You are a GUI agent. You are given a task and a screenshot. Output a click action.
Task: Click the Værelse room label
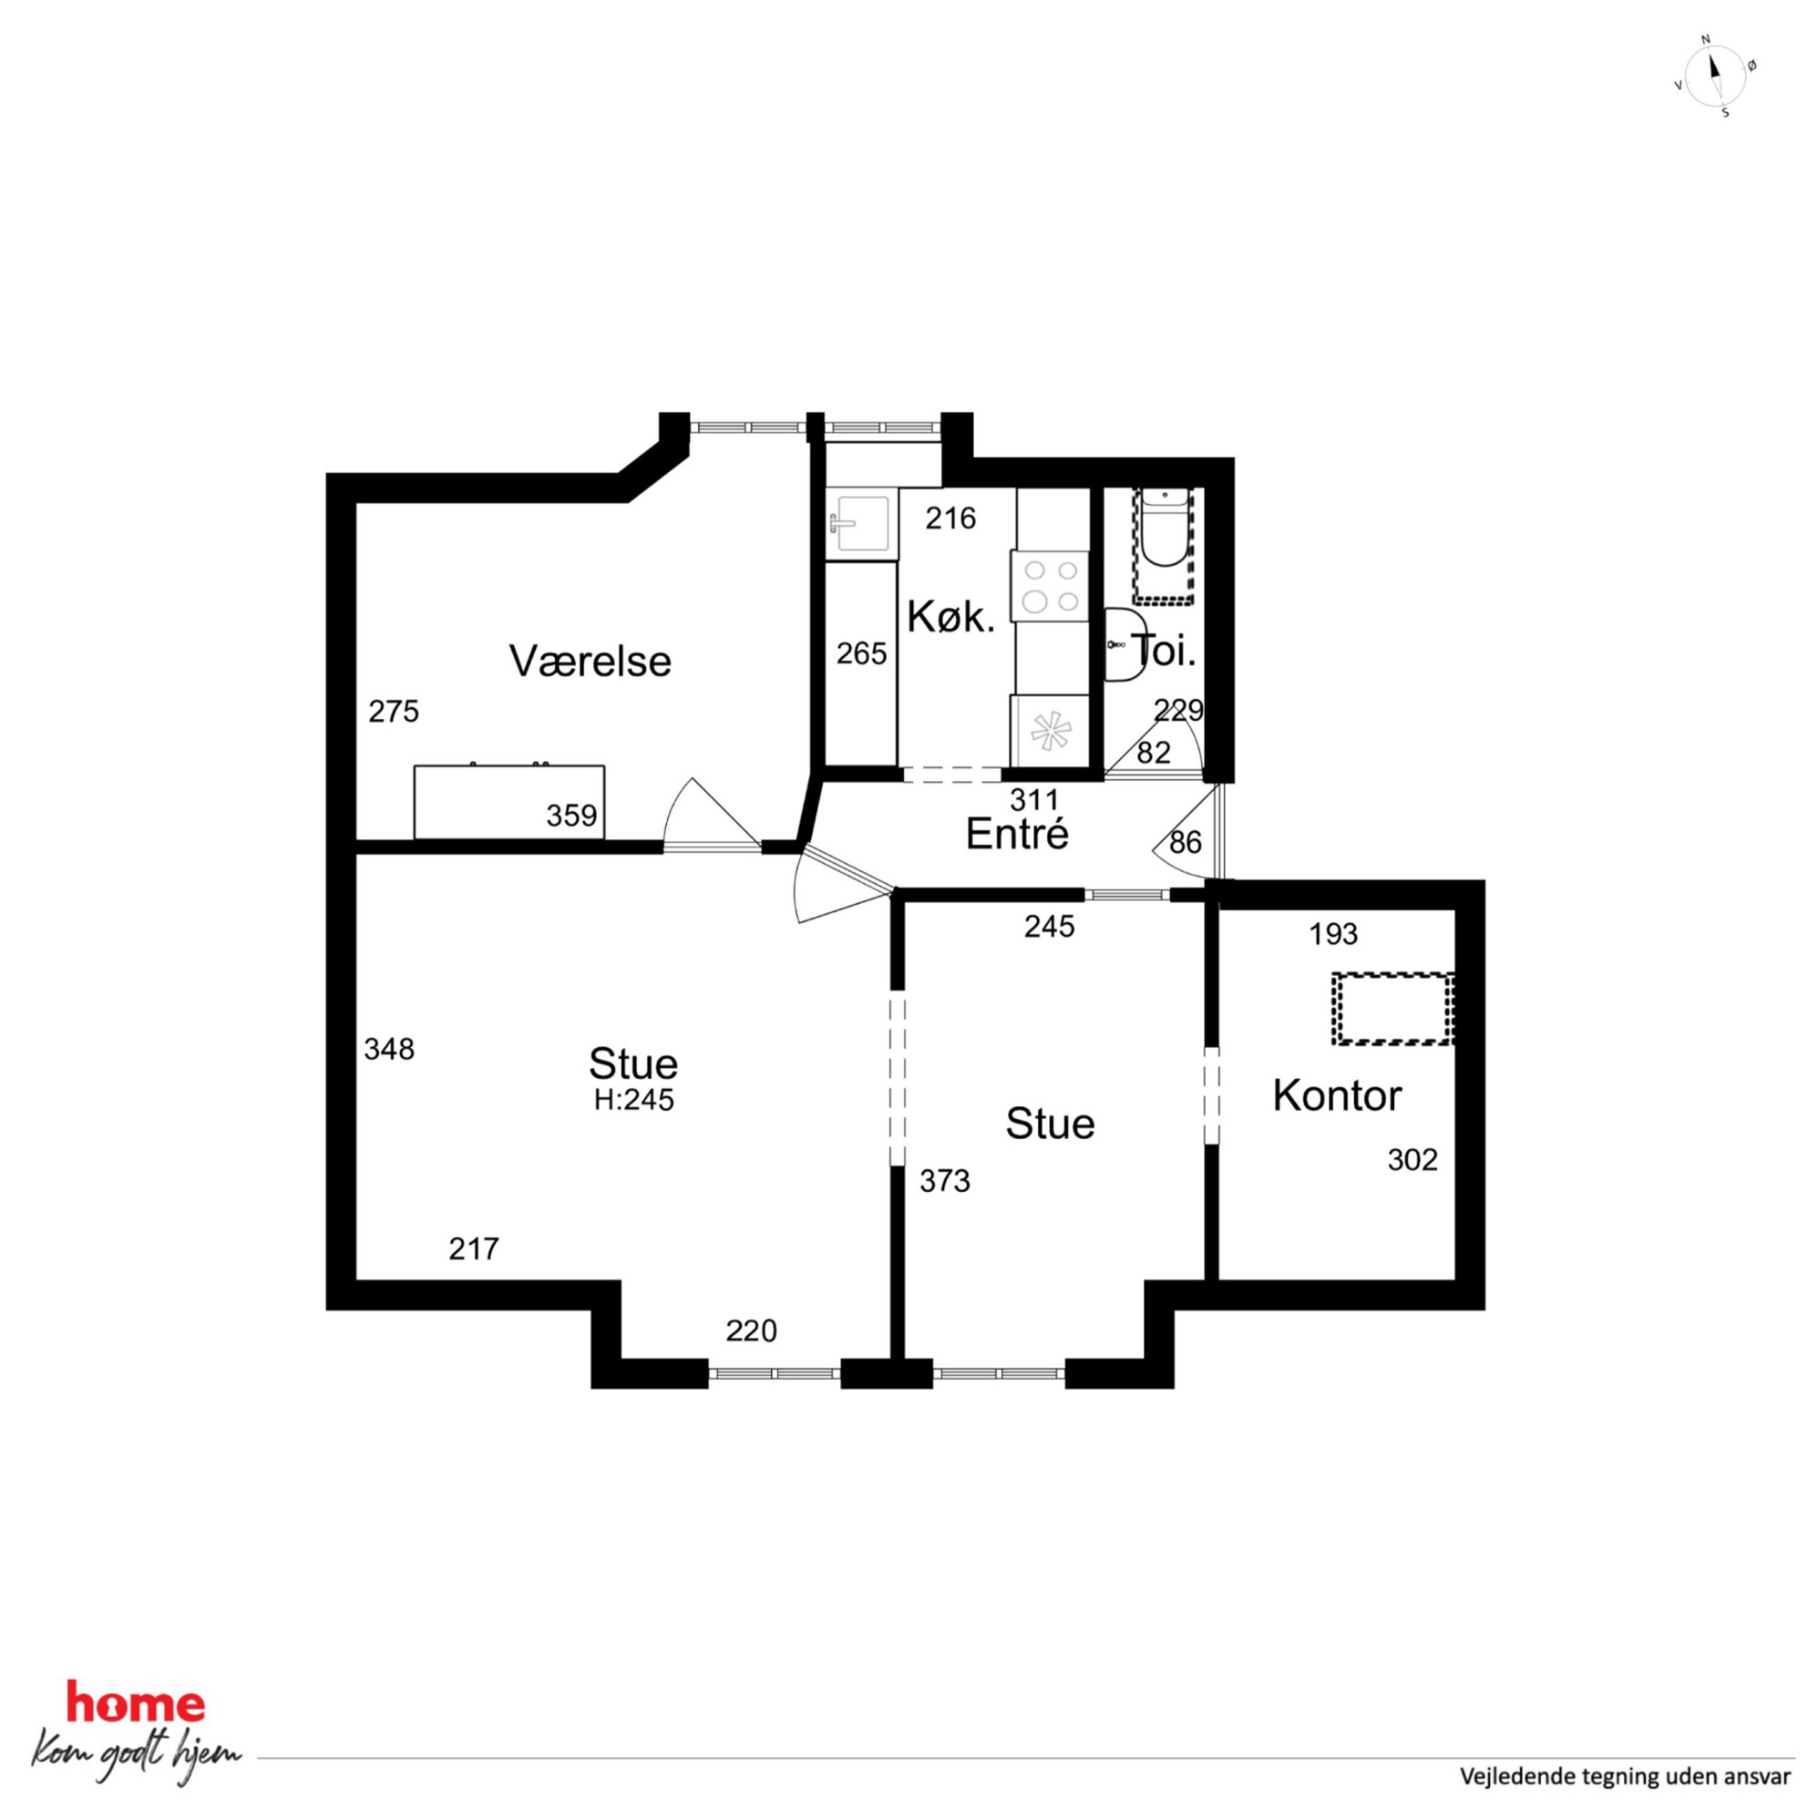pyautogui.click(x=590, y=662)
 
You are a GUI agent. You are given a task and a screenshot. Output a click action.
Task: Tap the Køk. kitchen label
pyautogui.click(x=950, y=618)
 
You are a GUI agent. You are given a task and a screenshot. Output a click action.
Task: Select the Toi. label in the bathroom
pyautogui.click(x=1164, y=651)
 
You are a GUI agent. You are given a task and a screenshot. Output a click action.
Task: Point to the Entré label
pyautogui.click(x=1016, y=834)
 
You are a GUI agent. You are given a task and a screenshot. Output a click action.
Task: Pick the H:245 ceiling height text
pyautogui.click(x=633, y=1101)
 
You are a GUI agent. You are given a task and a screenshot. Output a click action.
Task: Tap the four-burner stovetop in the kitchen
pyautogui.click(x=1050, y=587)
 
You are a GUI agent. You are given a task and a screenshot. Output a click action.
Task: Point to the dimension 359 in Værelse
pyautogui.click(x=571, y=816)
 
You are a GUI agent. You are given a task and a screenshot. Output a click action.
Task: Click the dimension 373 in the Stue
pyautogui.click(x=944, y=1182)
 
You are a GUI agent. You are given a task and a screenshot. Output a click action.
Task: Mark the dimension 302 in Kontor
pyautogui.click(x=1412, y=1160)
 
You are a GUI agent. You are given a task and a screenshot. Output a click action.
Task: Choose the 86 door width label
pyautogui.click(x=1185, y=842)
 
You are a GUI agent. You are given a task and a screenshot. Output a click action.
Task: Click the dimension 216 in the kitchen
pyautogui.click(x=950, y=518)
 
